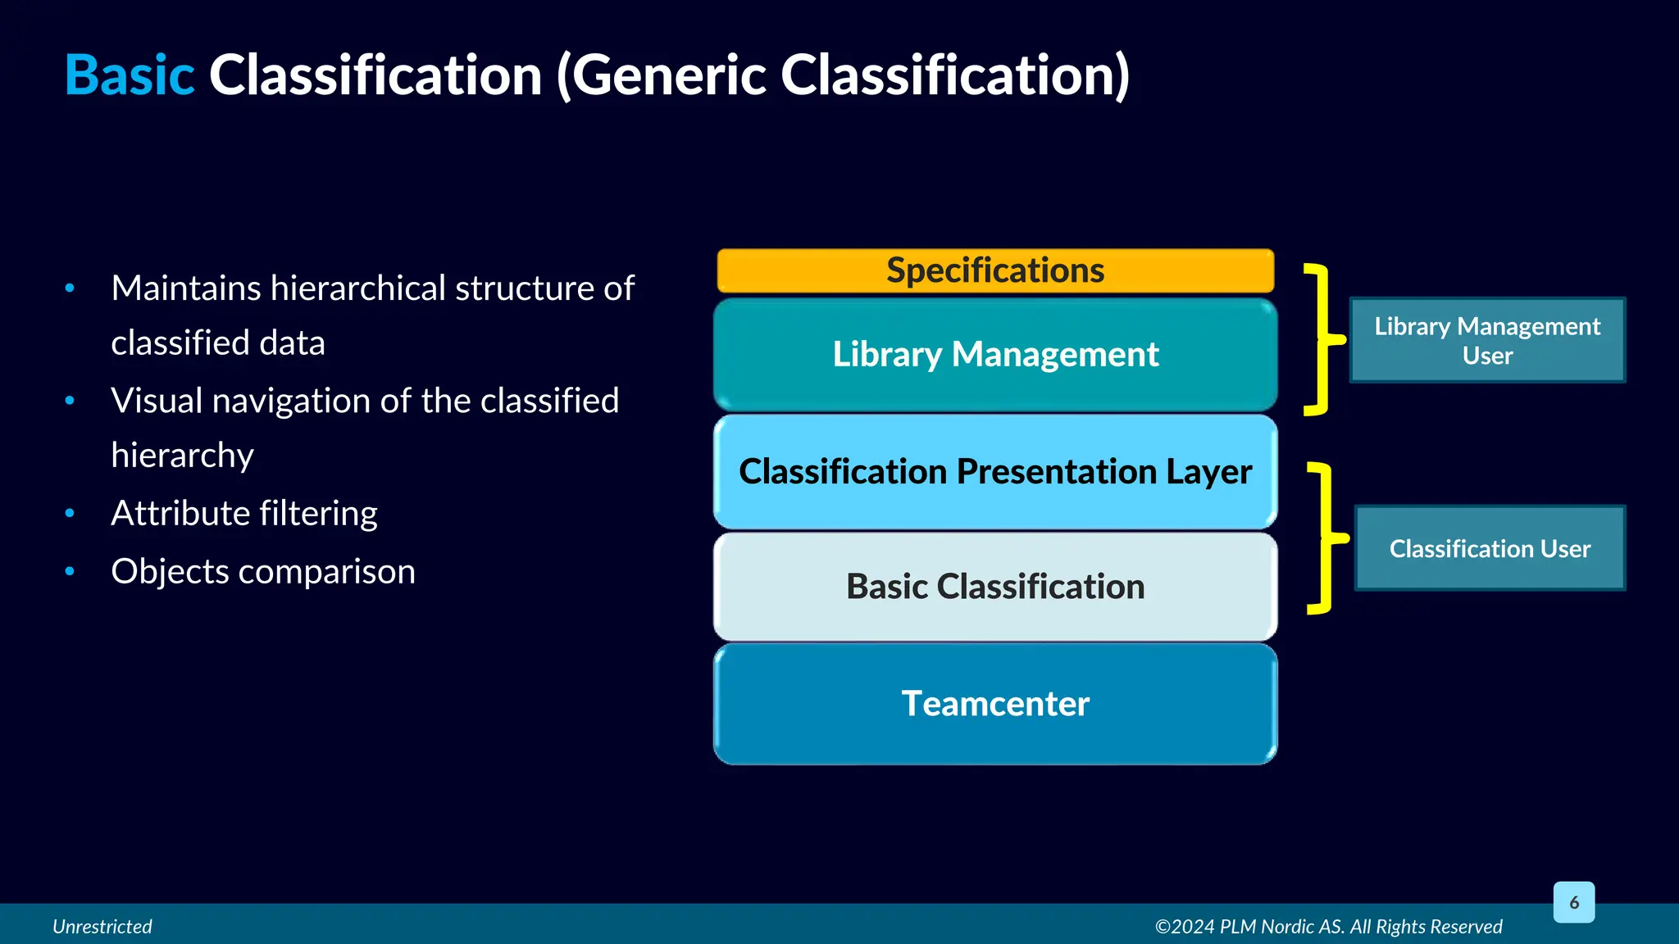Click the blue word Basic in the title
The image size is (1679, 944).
(130, 75)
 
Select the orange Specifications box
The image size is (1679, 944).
(995, 270)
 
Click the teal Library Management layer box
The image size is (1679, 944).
(995, 355)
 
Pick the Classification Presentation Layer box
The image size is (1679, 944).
(995, 472)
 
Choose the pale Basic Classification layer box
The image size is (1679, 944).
(995, 587)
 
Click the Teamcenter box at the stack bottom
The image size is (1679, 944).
(995, 704)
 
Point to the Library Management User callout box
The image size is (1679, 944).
(1487, 340)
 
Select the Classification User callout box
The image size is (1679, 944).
(1490, 548)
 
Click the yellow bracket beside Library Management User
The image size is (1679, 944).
(1321, 339)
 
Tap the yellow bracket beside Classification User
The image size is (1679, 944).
(1324, 538)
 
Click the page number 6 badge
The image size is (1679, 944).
(1573, 902)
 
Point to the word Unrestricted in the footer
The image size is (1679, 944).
(102, 927)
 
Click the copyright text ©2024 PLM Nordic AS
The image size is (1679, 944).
(1328, 927)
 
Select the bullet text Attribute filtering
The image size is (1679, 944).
(244, 514)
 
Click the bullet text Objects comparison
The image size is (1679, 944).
(263, 572)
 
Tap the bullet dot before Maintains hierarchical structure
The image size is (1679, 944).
(70, 288)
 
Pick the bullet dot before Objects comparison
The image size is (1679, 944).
(70, 571)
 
